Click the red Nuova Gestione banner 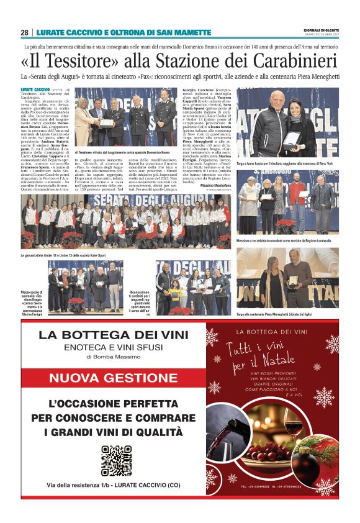[x=115, y=378]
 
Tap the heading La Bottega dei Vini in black [x=114, y=335]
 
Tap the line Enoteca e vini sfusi [x=114, y=347]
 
